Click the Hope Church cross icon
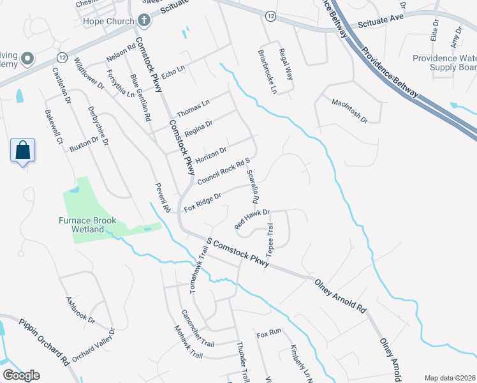click(x=144, y=20)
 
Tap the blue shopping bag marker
click(x=23, y=151)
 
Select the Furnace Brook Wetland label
click(x=94, y=225)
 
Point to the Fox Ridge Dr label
click(x=202, y=202)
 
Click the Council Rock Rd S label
click(x=221, y=171)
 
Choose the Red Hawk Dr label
click(x=253, y=219)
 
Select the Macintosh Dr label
click(x=349, y=110)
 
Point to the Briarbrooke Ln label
click(x=268, y=72)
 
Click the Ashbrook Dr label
click(x=80, y=309)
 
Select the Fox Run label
click(x=268, y=334)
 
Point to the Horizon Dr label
click(x=211, y=154)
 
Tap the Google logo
click(x=21, y=375)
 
